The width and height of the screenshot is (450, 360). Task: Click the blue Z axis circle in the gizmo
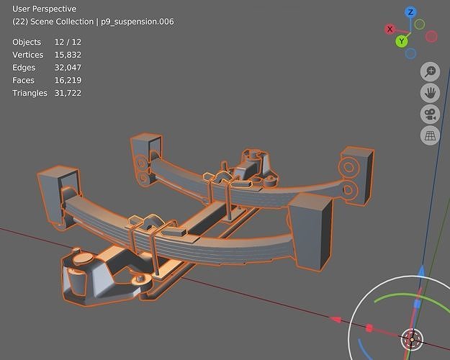[x=410, y=12]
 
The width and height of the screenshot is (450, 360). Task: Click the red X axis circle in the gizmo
[x=390, y=30]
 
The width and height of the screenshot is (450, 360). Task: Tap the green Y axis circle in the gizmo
[x=402, y=41]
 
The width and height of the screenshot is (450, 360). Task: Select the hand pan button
[x=430, y=93]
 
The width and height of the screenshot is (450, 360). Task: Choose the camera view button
[x=430, y=114]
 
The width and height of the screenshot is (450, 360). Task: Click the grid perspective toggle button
[x=430, y=135]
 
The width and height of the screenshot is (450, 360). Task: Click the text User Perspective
[x=44, y=9]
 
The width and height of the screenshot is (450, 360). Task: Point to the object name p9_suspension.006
[x=138, y=22]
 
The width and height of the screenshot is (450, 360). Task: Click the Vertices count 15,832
[x=68, y=55]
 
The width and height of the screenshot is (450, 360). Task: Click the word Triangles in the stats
[x=30, y=94]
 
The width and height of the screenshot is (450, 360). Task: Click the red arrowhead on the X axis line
[x=335, y=319]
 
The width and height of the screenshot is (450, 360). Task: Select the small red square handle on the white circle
[x=369, y=328]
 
